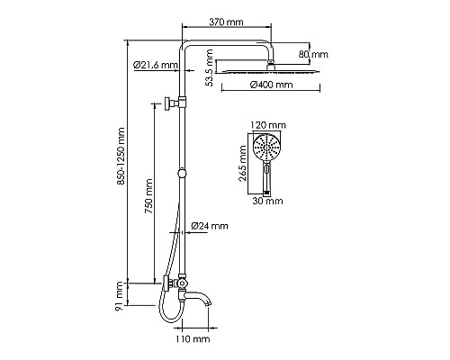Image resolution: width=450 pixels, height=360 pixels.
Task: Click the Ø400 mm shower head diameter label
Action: point(271,85)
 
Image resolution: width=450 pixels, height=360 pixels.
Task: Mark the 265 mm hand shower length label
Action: point(241,165)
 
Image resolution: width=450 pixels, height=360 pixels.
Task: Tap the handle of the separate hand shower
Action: point(267,176)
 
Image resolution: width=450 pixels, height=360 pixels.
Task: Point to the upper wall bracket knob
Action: point(168,103)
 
